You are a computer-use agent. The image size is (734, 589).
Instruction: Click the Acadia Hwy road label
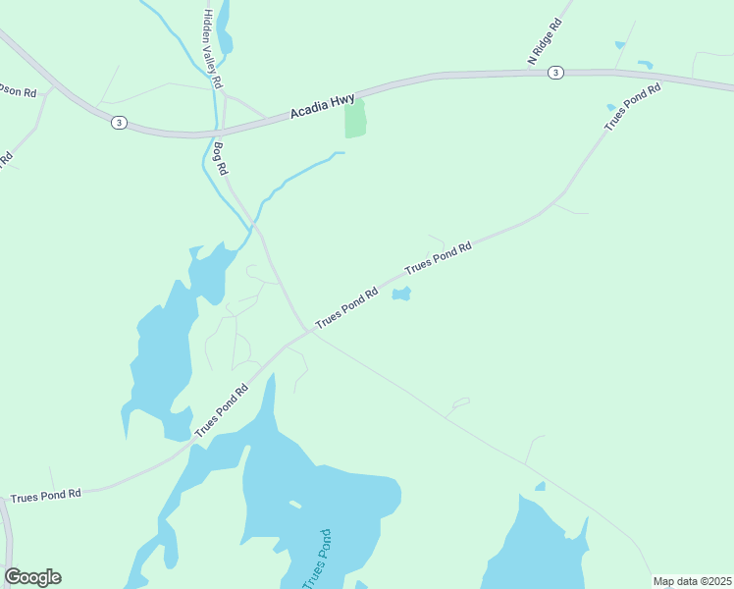click(x=322, y=108)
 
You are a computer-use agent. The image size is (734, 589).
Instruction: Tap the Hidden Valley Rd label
click(x=213, y=48)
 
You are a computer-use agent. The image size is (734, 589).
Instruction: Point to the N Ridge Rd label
click(x=545, y=41)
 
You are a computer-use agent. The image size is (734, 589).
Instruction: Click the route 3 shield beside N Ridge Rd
click(x=555, y=72)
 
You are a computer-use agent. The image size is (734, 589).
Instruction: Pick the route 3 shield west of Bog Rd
click(x=118, y=122)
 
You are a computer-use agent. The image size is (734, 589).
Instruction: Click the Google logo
click(x=32, y=577)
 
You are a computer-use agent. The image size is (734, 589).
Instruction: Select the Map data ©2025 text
click(x=693, y=581)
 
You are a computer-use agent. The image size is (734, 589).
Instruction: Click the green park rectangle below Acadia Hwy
click(x=354, y=120)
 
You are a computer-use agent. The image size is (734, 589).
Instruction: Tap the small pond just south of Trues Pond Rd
click(x=401, y=294)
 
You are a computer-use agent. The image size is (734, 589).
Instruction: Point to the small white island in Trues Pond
click(x=294, y=505)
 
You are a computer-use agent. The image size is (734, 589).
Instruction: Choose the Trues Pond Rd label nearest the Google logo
click(x=46, y=496)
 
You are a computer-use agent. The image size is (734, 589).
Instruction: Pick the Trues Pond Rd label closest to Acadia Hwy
click(x=633, y=107)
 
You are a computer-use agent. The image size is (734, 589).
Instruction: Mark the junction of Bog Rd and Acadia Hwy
click(x=223, y=132)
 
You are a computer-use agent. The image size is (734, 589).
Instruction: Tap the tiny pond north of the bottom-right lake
click(x=540, y=486)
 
